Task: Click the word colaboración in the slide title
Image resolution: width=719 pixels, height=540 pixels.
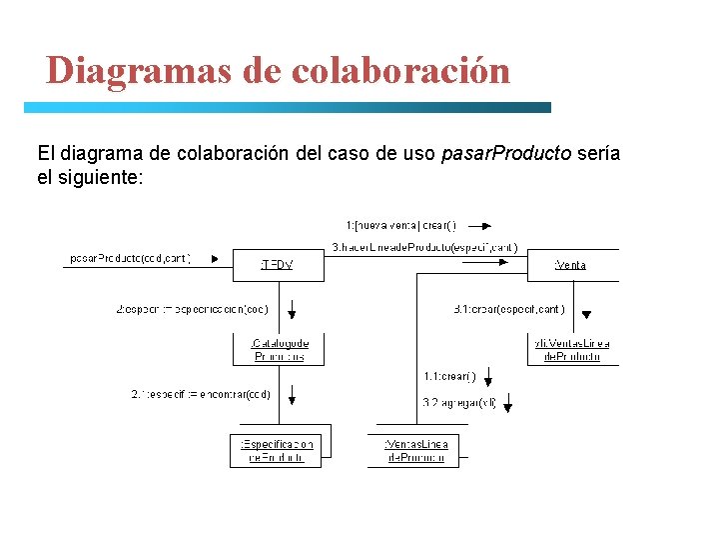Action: click(401, 70)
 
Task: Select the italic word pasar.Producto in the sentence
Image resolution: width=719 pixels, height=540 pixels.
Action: click(506, 153)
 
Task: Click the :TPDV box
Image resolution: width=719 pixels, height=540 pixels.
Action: click(278, 265)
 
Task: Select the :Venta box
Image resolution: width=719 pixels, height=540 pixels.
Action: click(570, 265)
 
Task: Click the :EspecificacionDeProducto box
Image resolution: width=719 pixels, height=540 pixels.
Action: click(277, 450)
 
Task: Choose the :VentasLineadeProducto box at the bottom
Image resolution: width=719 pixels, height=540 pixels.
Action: click(416, 450)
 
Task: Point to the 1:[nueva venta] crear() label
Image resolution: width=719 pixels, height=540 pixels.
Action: click(400, 225)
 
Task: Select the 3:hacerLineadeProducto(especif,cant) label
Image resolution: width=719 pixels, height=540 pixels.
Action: click(424, 247)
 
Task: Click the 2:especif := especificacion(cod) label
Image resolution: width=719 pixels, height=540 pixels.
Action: click(193, 309)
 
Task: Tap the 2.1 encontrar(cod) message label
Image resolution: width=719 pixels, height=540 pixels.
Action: click(200, 394)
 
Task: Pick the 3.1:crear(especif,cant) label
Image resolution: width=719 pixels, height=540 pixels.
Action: click(508, 309)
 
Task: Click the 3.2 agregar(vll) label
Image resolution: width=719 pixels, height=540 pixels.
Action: click(457, 403)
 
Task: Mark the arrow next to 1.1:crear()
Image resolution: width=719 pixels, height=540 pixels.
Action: click(487, 378)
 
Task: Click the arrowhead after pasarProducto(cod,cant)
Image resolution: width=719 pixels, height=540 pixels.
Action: click(215, 258)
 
